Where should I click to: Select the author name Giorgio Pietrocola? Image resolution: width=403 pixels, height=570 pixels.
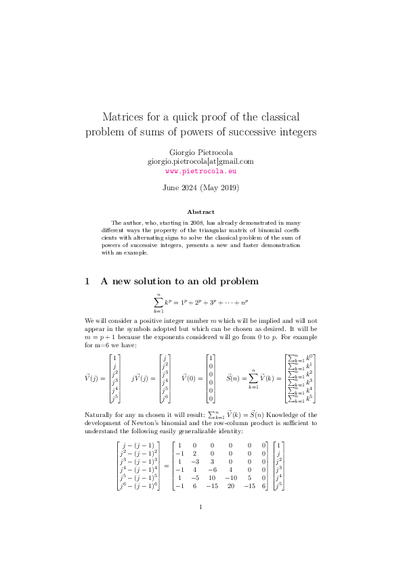click(x=200, y=152)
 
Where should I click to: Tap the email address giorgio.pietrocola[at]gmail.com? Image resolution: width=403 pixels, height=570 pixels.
click(x=200, y=161)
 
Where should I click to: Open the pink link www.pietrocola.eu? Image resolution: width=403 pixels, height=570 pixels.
click(x=200, y=171)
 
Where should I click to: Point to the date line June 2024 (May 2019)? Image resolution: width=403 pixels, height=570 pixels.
click(x=200, y=187)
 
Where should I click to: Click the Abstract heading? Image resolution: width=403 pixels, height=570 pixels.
click(x=200, y=212)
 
